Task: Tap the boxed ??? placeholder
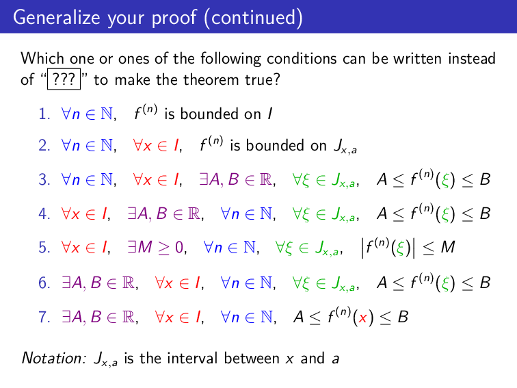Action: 63,80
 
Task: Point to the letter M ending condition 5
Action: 447,247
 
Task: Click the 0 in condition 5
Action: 181,248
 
